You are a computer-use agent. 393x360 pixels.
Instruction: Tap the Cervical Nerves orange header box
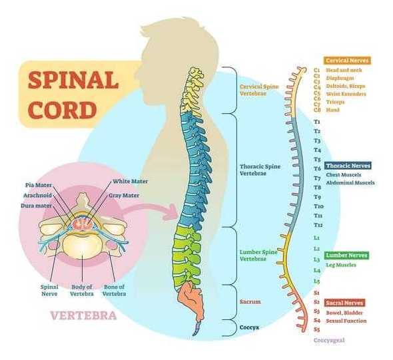tap(347, 61)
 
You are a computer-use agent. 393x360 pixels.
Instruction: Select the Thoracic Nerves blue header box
tap(348, 165)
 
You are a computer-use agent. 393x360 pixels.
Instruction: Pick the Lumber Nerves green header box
tap(346, 255)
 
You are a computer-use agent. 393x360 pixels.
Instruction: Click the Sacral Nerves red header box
tap(344, 303)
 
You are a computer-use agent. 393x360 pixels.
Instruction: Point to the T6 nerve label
tap(317, 169)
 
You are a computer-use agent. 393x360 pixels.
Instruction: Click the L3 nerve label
tap(317, 259)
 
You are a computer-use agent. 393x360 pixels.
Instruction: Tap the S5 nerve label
tap(317, 329)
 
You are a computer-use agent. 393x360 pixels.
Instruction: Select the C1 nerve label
tap(317, 70)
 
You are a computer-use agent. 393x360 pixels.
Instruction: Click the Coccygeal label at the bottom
tap(328, 341)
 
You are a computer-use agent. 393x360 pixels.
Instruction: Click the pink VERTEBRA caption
tap(79, 314)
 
